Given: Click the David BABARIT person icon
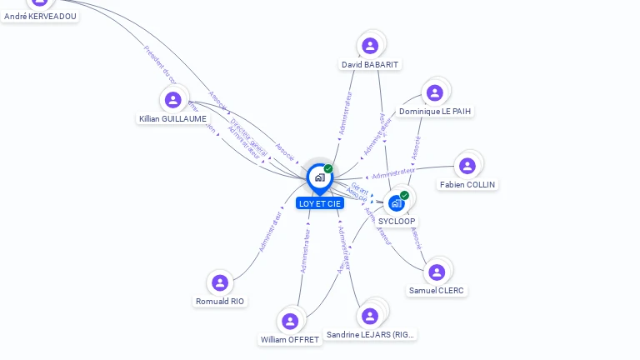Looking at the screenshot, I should (370, 45).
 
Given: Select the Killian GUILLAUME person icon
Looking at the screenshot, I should (172, 100).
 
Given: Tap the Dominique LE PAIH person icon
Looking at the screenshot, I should (433, 92).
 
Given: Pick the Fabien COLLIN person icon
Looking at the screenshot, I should (467, 166).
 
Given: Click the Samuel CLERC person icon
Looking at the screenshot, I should (437, 272).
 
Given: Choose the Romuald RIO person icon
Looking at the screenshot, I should (220, 282).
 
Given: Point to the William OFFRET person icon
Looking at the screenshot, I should (290, 321).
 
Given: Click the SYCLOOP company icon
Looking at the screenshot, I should (397, 202).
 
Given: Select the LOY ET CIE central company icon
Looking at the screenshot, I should (319, 177).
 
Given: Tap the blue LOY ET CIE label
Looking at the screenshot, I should (320, 203).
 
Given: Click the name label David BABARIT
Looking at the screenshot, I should (371, 64).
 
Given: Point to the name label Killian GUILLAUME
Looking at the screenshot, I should (172, 119).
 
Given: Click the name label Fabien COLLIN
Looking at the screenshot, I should (467, 185).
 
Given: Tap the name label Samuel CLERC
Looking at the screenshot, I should (437, 291).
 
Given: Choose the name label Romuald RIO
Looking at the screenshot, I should (221, 302).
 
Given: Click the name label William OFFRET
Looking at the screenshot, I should (290, 340).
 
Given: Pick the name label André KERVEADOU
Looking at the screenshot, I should (40, 16).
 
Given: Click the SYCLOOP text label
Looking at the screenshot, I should (397, 222).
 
